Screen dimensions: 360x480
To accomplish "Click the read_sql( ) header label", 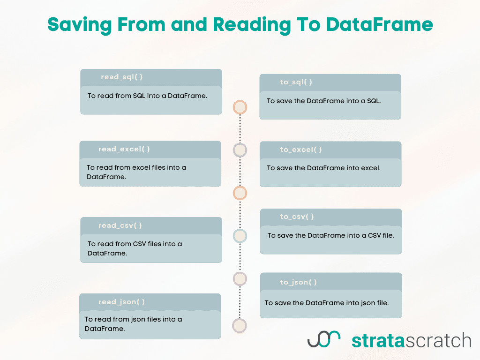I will tap(122, 77).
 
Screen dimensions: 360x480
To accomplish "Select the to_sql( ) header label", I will tap(296, 82).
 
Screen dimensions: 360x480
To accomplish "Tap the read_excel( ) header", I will tap(124, 150).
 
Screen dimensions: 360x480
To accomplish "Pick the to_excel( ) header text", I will tap(301, 150).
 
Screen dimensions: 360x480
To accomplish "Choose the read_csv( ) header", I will tap(120, 226).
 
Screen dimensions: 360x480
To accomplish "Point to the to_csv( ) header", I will tap(297, 217).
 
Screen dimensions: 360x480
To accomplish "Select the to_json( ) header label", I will tap(299, 282).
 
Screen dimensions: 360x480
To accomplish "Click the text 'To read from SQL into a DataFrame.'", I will tap(147, 96).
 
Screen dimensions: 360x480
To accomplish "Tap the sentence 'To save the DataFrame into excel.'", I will tap(323, 168).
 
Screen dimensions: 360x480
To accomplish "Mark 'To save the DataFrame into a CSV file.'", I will tap(330, 236).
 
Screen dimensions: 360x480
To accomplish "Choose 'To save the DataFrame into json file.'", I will tap(327, 303).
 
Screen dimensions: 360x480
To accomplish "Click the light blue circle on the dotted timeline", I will tap(240, 236).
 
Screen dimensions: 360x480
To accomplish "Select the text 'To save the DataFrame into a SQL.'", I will tap(324, 101).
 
